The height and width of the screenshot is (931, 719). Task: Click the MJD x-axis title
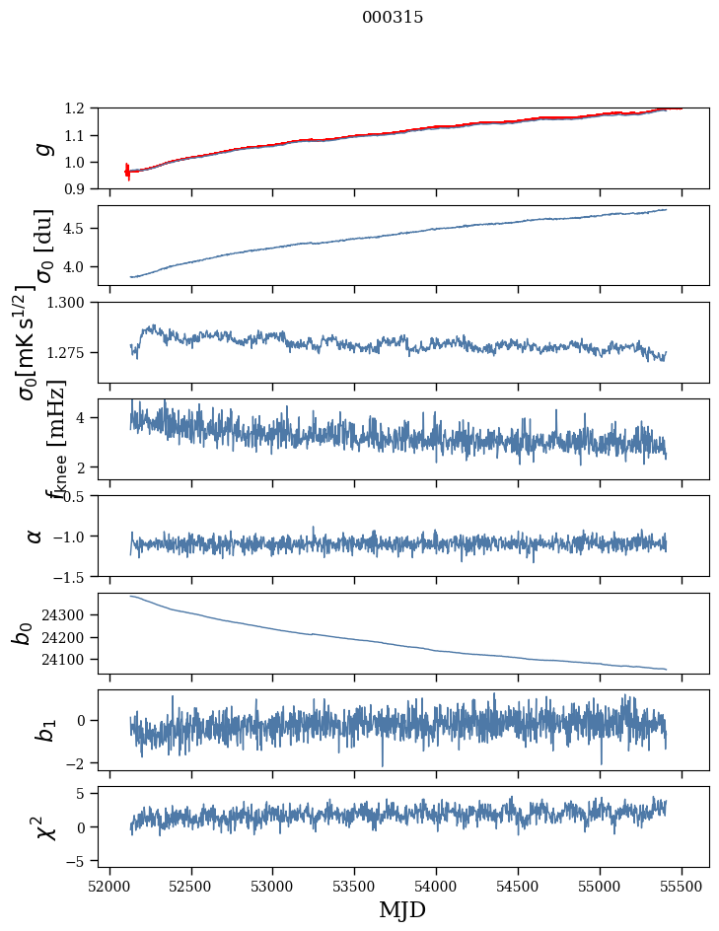pos(402,910)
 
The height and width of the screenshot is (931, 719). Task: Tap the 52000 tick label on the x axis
pos(109,886)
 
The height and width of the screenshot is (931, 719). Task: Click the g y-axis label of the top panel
pos(40,148)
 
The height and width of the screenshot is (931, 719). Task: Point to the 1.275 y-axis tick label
pos(71,352)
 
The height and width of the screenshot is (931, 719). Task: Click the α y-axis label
pos(36,536)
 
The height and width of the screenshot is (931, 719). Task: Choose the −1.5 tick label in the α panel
pos(75,576)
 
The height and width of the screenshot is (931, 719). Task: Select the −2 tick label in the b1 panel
pos(81,763)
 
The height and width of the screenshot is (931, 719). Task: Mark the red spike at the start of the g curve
pos(127,172)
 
